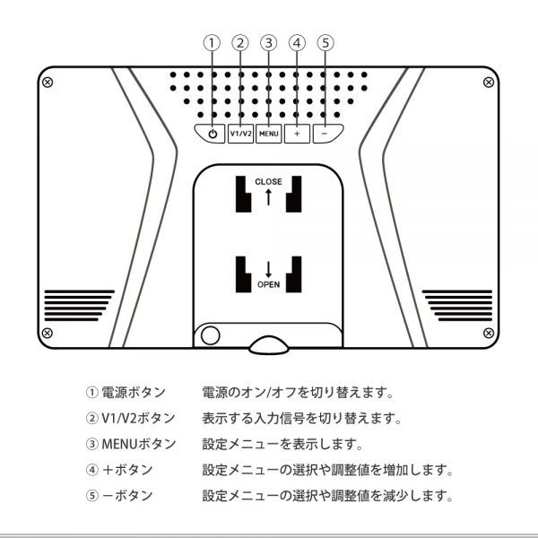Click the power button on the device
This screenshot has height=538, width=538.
click(212, 133)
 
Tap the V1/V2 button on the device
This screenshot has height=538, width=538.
click(240, 133)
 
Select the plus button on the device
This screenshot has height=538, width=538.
click(298, 133)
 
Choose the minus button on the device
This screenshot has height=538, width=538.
click(326, 133)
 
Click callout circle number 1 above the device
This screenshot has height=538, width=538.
click(212, 42)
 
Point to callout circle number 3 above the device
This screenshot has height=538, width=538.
click(269, 42)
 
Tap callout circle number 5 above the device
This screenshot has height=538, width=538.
click(326, 42)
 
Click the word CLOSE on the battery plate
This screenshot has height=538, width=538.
click(268, 182)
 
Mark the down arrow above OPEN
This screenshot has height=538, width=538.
click(269, 267)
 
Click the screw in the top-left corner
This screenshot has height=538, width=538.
click(48, 82)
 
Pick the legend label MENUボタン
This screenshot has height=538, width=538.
click(130, 444)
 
